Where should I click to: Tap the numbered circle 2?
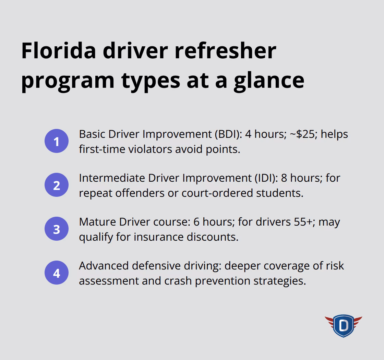(57, 185)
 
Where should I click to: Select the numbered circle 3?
(57, 229)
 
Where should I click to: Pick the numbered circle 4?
(57, 273)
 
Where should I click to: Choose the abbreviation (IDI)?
(266, 178)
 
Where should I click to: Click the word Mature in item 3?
(97, 222)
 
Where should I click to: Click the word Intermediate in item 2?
(112, 178)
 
